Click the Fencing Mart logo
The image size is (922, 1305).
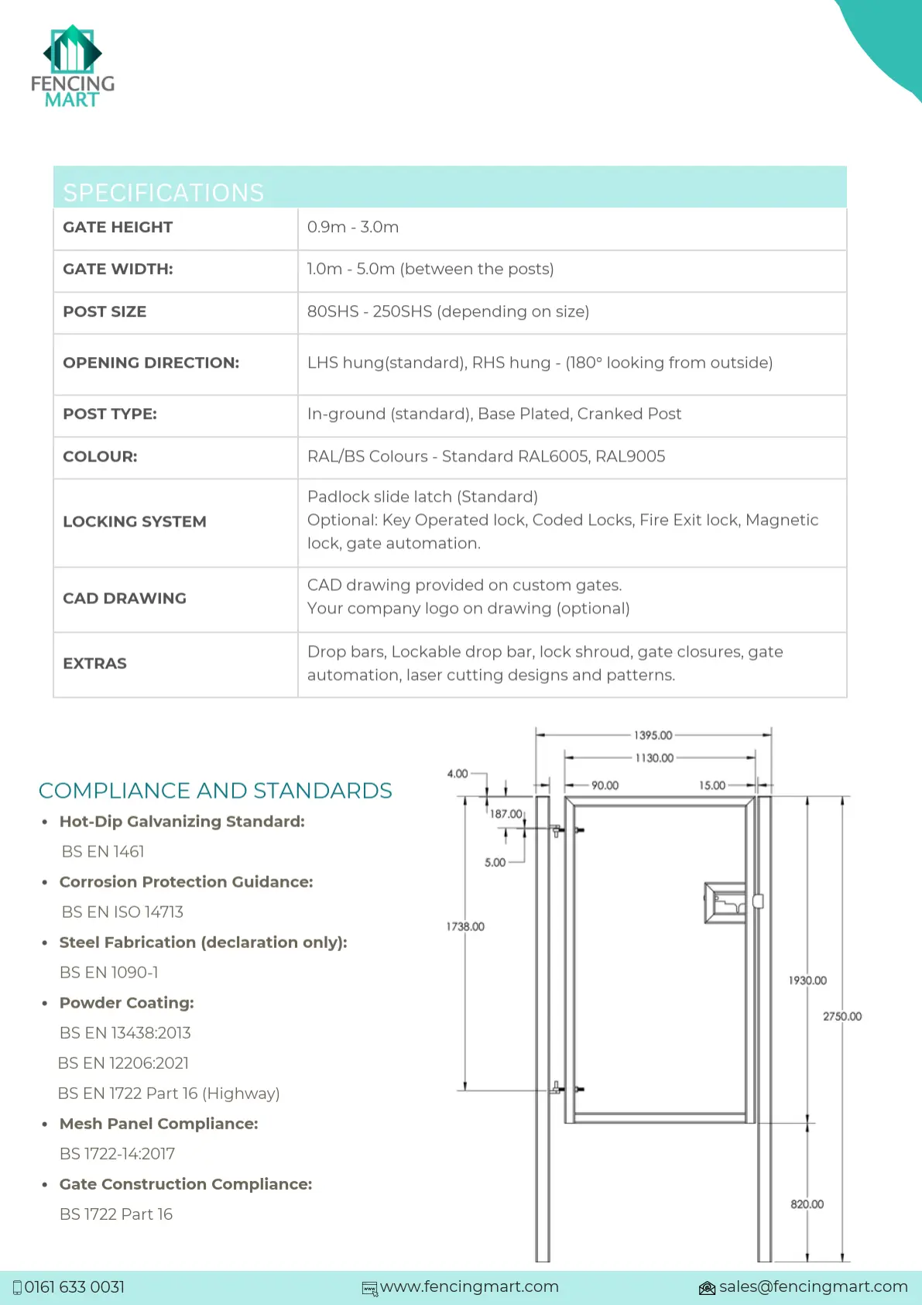(x=72, y=67)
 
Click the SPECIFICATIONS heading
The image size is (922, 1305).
(x=163, y=192)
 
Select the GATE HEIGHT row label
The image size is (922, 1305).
(x=118, y=227)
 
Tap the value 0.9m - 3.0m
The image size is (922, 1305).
(x=353, y=227)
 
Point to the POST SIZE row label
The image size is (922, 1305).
(x=105, y=311)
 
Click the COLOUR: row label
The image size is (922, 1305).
(x=100, y=456)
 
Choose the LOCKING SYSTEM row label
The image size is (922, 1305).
(x=135, y=521)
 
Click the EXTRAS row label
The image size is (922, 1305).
(x=94, y=663)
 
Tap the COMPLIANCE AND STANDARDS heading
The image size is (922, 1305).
(x=215, y=790)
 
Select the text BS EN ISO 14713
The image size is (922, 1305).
(x=122, y=912)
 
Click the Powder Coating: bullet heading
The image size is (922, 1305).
(x=127, y=1002)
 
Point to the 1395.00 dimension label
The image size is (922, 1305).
(x=653, y=735)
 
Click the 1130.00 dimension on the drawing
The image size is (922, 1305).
(x=654, y=757)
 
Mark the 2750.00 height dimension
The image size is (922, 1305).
(x=841, y=1016)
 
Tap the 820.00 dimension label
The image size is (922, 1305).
(x=807, y=1204)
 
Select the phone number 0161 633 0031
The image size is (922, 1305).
(x=74, y=1286)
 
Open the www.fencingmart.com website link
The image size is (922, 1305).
(x=469, y=1286)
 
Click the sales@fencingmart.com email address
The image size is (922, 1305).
(x=813, y=1286)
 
